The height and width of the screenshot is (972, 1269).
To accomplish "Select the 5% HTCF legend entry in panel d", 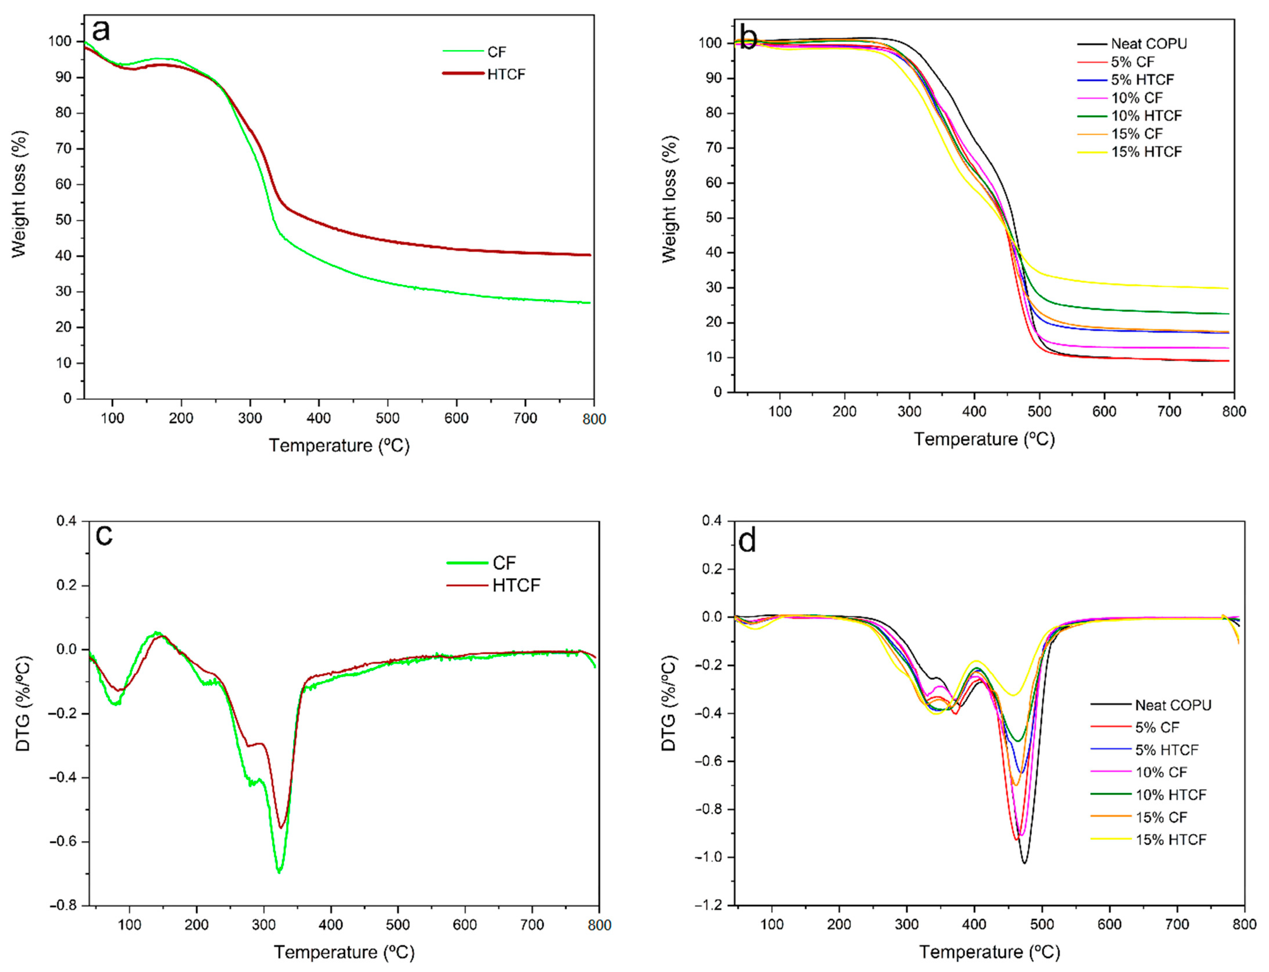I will [x=1166, y=750].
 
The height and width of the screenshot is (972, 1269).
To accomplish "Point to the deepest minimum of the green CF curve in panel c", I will [x=279, y=871].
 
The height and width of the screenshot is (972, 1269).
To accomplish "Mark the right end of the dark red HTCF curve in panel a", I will [x=590, y=254].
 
